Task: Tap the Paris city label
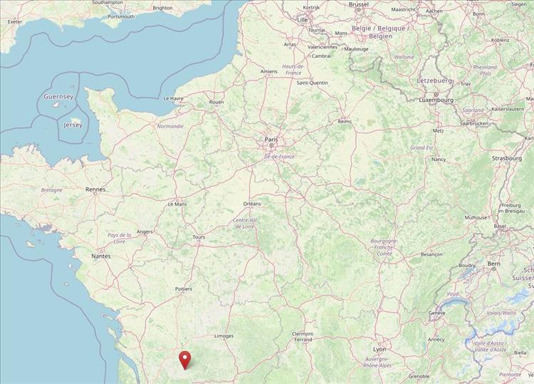(x=271, y=140)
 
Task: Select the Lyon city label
(x=379, y=349)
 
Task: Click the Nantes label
(x=100, y=255)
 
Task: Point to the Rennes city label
(x=95, y=190)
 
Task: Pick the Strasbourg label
(x=506, y=158)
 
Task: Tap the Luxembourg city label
(x=436, y=100)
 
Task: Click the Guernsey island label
(x=58, y=96)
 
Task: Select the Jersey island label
(x=73, y=125)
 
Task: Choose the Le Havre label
(x=174, y=98)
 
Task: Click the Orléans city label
(x=252, y=204)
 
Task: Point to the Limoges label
(x=224, y=336)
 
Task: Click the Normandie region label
(x=170, y=126)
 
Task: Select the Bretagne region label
(x=51, y=190)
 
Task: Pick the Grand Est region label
(x=422, y=147)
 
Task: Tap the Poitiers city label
(x=184, y=289)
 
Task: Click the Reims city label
(x=345, y=121)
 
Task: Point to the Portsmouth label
(x=117, y=16)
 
